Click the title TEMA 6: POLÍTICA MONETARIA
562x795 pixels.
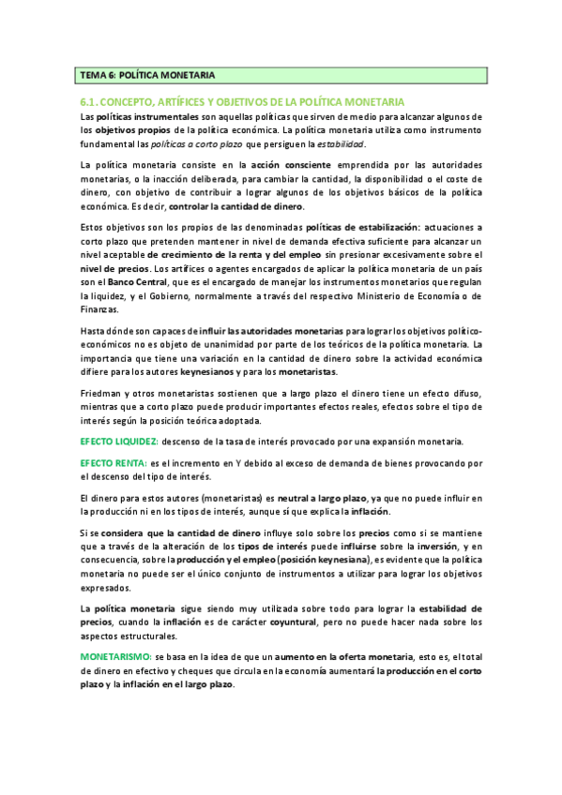148,75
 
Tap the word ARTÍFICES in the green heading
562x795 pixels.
188,100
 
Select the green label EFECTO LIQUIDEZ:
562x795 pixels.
119,442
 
